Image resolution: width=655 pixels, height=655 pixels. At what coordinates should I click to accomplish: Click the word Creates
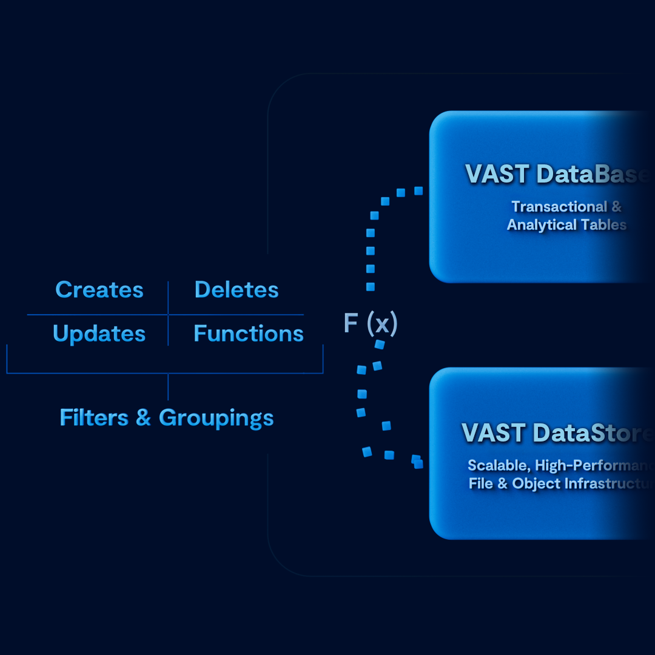point(99,290)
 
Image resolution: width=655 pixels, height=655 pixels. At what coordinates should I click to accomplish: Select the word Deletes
point(237,290)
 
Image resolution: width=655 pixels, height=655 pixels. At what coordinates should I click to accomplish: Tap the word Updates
point(99,334)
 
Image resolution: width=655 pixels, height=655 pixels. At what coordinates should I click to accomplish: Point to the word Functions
point(249,334)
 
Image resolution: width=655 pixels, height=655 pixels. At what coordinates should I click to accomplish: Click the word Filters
point(94,417)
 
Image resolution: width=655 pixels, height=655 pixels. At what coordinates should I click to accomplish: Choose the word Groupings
point(217,418)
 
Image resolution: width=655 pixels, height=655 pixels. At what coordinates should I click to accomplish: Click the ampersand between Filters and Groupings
point(143,417)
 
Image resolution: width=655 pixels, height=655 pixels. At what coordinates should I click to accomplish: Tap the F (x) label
point(370,323)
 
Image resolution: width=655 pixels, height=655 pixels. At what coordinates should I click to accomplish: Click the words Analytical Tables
point(566,225)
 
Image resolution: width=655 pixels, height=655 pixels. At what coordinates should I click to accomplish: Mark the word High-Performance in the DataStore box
point(595,466)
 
